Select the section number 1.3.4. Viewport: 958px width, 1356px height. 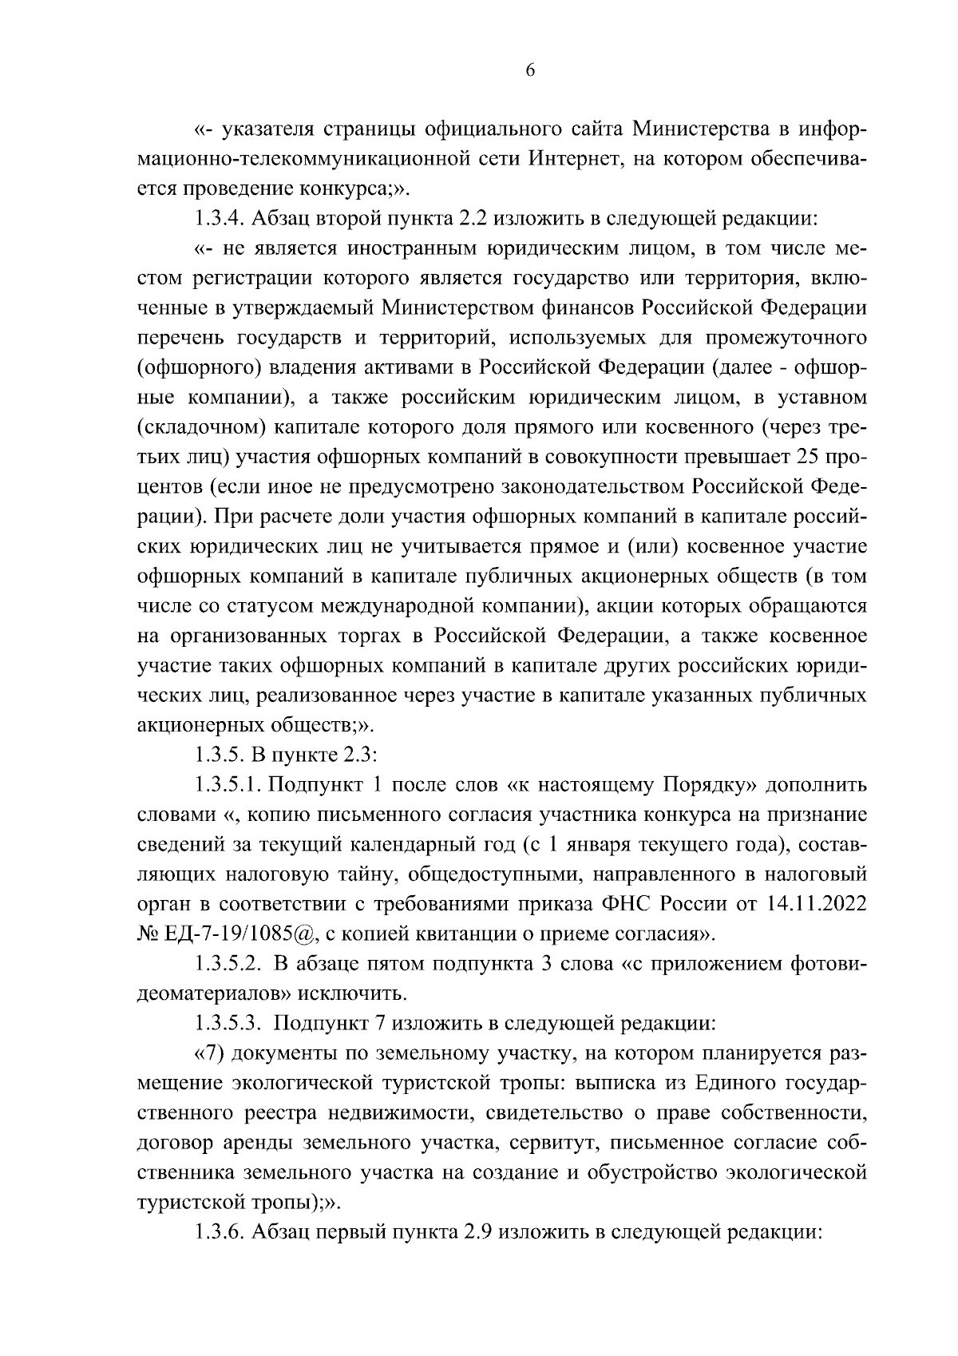(220, 219)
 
